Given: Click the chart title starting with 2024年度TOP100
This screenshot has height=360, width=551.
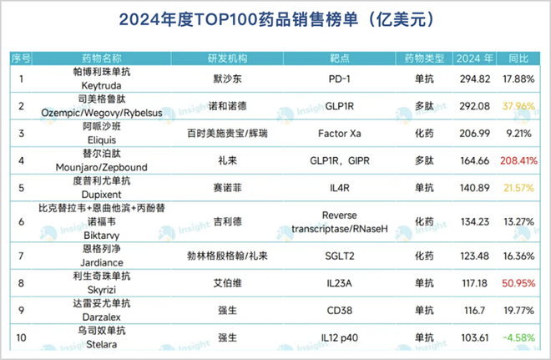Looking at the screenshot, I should pos(275,18).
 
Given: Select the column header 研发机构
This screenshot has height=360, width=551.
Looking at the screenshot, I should pos(227,58).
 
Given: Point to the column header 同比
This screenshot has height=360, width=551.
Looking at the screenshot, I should pos(518,58).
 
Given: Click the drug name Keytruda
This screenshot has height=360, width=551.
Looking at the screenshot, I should pos(102,86).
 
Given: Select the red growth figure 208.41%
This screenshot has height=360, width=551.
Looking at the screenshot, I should pos(518,159).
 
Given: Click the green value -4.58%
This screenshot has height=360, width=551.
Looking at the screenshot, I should pos(520,337).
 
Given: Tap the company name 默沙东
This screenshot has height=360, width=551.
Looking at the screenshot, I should pos(228,79).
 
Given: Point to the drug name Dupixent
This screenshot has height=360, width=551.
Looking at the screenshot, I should pos(102,193).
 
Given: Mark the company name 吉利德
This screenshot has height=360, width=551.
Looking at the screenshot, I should pos(228,221).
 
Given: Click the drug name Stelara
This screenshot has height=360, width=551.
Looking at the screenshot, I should pos(102,344).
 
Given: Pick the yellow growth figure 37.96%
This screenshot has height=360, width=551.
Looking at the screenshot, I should pos(518,106).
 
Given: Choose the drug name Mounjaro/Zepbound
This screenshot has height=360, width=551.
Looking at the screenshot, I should pos(102,166).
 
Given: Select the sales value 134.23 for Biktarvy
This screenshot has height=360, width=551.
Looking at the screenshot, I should pos(473,221).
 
